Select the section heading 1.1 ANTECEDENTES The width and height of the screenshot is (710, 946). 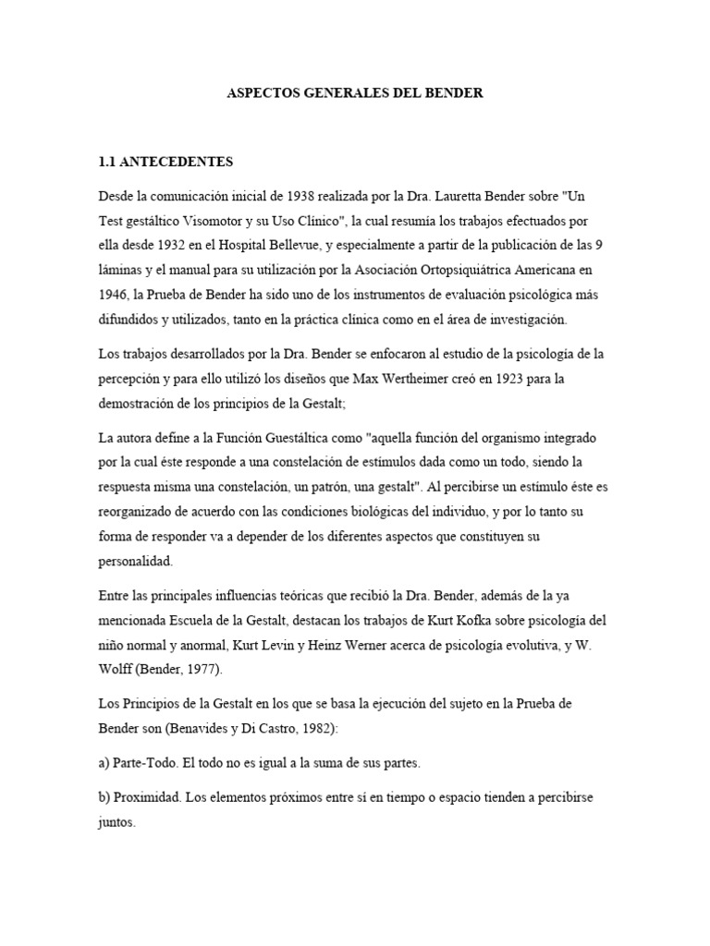[165, 162]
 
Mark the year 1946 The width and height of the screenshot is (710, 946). [115, 295]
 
